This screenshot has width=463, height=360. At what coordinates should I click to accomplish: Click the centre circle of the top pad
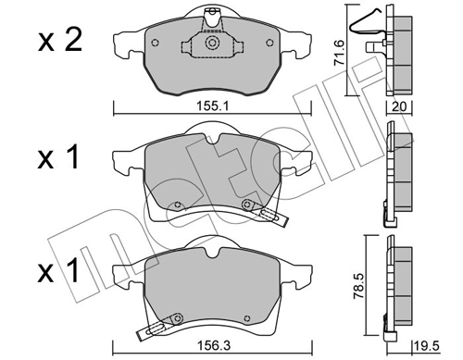211,43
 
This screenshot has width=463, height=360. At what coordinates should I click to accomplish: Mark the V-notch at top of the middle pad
212,143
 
